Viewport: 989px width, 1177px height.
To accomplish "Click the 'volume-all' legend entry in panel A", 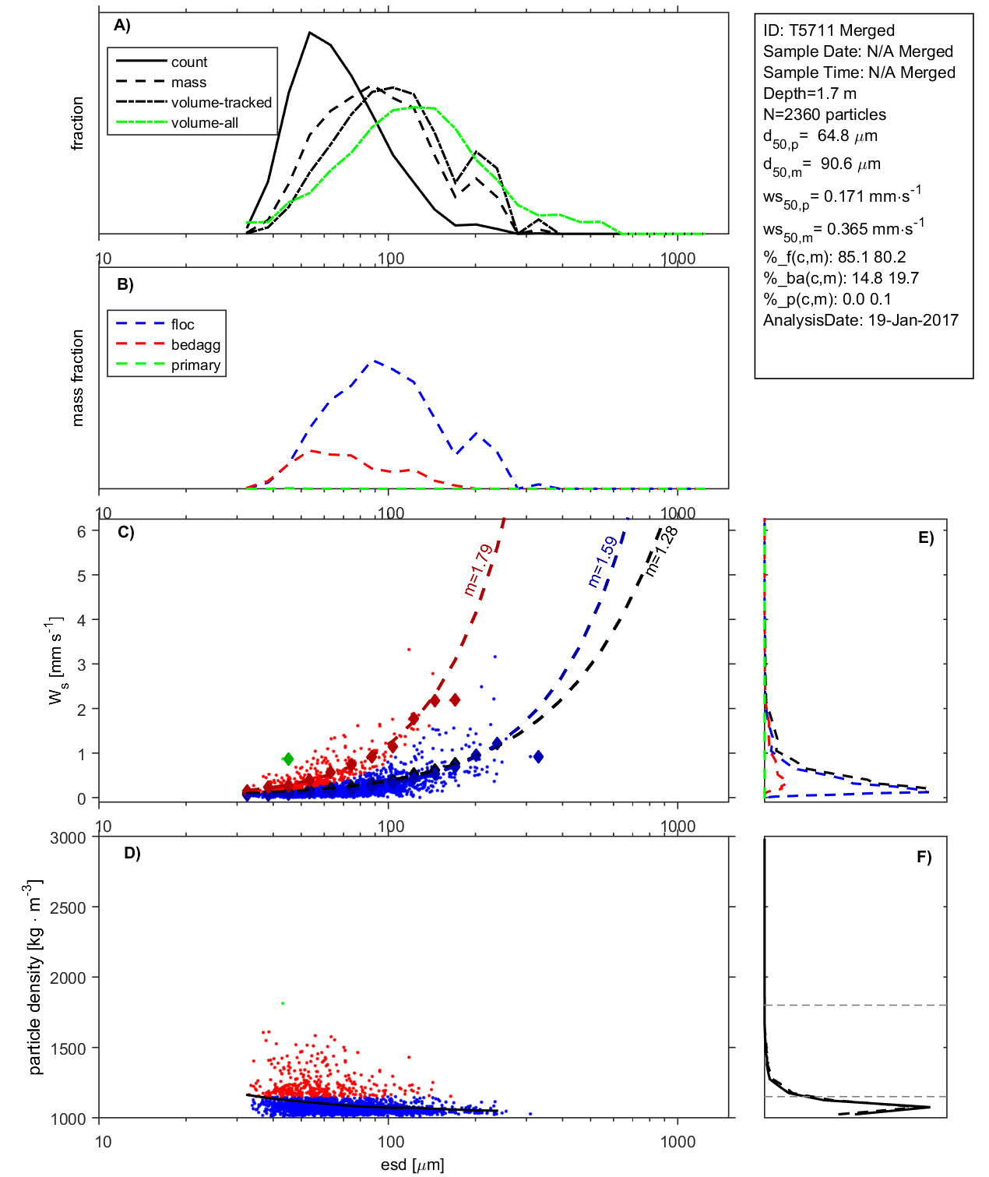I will pos(204,123).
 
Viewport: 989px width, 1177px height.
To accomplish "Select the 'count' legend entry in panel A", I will pos(189,62).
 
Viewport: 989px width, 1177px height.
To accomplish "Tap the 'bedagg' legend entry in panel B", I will pos(195,345).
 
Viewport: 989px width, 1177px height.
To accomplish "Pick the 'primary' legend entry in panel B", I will pos(195,365).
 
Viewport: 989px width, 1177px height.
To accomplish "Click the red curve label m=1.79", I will pos(478,570).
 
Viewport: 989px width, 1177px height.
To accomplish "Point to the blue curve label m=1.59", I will pos(603,562).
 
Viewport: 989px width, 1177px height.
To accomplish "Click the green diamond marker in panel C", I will pos(288,759).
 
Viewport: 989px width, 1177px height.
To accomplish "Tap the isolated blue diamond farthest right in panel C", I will pos(538,756).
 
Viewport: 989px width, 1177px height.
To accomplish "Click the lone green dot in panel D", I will pos(283,1003).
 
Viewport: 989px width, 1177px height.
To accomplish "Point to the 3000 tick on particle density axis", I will pos(68,838).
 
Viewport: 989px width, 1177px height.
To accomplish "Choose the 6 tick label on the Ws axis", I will pos(81,531).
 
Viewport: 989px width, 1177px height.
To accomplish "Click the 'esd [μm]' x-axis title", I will pos(412,1165).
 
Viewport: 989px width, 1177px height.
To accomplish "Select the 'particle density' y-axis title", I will pos(35,978).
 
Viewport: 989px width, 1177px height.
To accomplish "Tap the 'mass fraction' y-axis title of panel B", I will pos(77,378).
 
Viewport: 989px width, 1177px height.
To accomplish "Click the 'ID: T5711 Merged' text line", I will pos(829,30).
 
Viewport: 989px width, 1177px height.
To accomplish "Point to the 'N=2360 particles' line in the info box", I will pos(824,115).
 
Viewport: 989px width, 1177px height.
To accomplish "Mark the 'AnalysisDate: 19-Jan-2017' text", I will pos(861,320).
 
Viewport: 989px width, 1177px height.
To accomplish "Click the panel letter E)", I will pos(925,537).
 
